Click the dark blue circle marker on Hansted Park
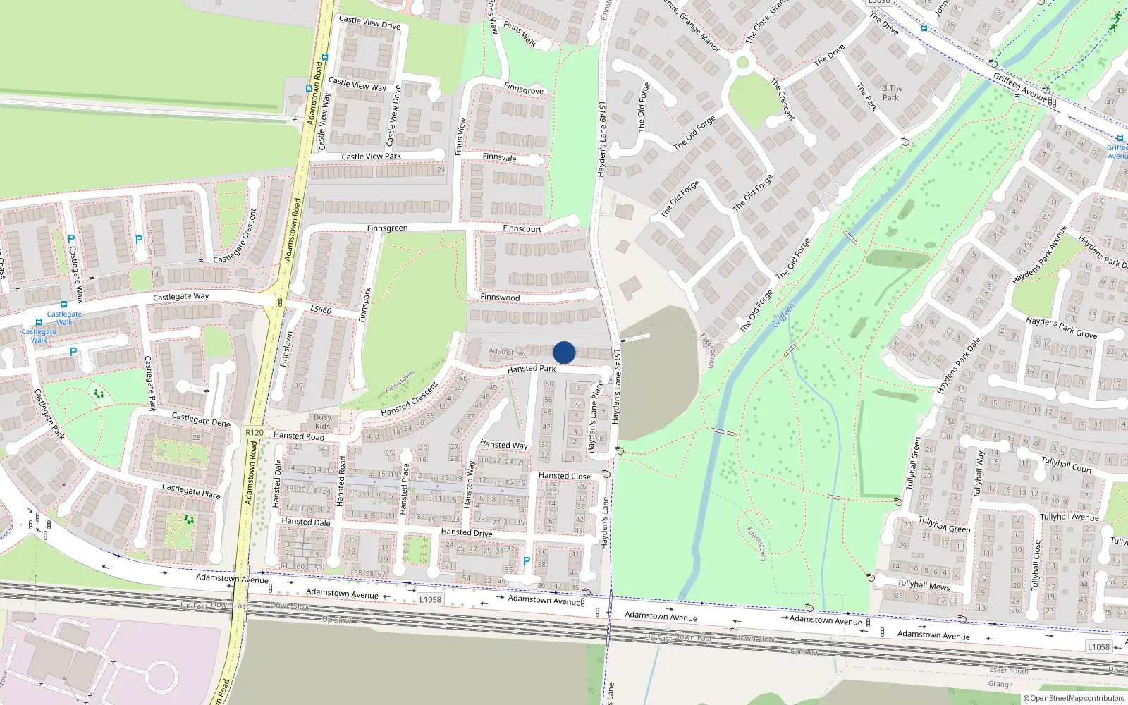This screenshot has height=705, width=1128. coord(564,352)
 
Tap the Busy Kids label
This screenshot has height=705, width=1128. coord(322,422)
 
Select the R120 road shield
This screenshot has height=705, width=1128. coord(255,432)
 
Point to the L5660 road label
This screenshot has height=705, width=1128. coord(321,309)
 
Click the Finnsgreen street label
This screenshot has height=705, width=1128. coord(387,228)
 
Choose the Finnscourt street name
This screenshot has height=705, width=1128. coord(522,228)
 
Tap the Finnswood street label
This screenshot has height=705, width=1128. coord(500,298)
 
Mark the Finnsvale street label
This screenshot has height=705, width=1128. coord(499,157)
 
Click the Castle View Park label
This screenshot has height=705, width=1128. coord(371,157)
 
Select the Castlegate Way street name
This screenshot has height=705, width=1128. coord(180,297)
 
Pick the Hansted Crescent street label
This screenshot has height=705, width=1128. coord(409,400)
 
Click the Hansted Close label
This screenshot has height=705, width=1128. coord(564,476)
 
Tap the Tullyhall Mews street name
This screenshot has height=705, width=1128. coord(923,584)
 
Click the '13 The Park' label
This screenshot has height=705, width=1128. coord(890,93)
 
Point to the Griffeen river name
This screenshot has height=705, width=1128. coord(783,315)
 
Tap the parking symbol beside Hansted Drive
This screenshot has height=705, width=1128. coord(526,561)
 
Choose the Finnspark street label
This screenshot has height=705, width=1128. coord(364,305)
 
